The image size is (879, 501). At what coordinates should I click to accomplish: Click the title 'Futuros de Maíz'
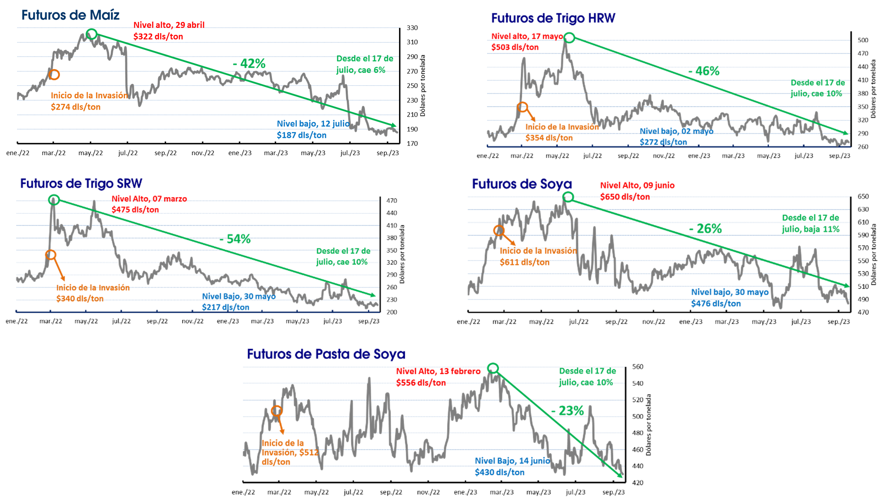(x=70, y=15)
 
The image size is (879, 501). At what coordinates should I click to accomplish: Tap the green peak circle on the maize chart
(x=91, y=30)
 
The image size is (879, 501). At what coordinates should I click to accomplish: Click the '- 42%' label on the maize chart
(x=249, y=63)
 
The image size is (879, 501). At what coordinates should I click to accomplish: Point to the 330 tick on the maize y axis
(x=412, y=28)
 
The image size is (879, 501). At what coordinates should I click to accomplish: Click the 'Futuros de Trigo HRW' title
(x=553, y=18)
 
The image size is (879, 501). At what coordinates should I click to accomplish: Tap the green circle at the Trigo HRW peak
(x=569, y=33)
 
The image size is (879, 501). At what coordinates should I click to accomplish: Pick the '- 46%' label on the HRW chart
(x=704, y=71)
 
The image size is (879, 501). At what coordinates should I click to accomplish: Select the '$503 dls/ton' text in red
(x=515, y=47)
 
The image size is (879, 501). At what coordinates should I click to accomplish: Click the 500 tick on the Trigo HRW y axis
(x=863, y=40)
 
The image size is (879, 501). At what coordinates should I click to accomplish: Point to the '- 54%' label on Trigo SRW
(x=235, y=239)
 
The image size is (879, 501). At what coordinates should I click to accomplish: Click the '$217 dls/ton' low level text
(x=226, y=307)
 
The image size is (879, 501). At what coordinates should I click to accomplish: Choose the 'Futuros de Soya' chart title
(x=522, y=184)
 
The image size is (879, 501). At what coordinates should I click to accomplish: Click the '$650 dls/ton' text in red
(x=625, y=197)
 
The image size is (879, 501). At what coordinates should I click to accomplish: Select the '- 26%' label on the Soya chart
(x=705, y=228)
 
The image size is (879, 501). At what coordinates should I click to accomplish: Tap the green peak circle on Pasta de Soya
(x=493, y=363)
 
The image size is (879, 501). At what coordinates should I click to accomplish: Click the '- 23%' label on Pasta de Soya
(x=567, y=410)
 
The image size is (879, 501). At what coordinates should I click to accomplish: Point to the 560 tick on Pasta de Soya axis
(x=638, y=367)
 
